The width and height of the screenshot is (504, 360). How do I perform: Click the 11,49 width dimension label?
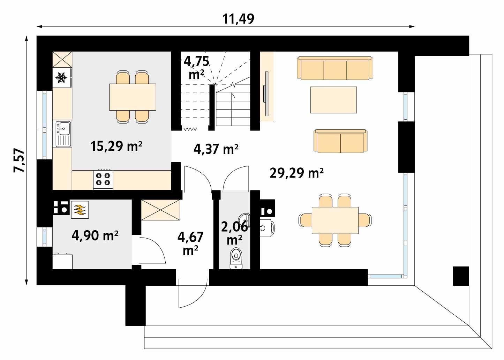239,19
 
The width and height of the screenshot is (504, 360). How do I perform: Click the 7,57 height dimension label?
19,161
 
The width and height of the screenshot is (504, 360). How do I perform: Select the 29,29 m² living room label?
296,173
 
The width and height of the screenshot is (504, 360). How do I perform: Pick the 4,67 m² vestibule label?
190,243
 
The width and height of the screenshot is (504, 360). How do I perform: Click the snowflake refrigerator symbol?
62,78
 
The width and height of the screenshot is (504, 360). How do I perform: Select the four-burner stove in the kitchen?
103,179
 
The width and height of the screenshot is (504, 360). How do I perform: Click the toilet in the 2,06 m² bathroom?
236,258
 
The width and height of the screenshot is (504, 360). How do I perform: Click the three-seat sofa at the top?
334,68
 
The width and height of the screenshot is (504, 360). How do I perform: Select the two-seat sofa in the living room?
340,141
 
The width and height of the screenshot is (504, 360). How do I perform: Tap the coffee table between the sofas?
333,100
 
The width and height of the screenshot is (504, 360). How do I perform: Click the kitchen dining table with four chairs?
133,97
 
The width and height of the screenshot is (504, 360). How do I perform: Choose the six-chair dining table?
335,220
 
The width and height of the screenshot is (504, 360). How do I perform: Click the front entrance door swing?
191,293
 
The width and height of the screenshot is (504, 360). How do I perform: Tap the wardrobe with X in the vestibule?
160,210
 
